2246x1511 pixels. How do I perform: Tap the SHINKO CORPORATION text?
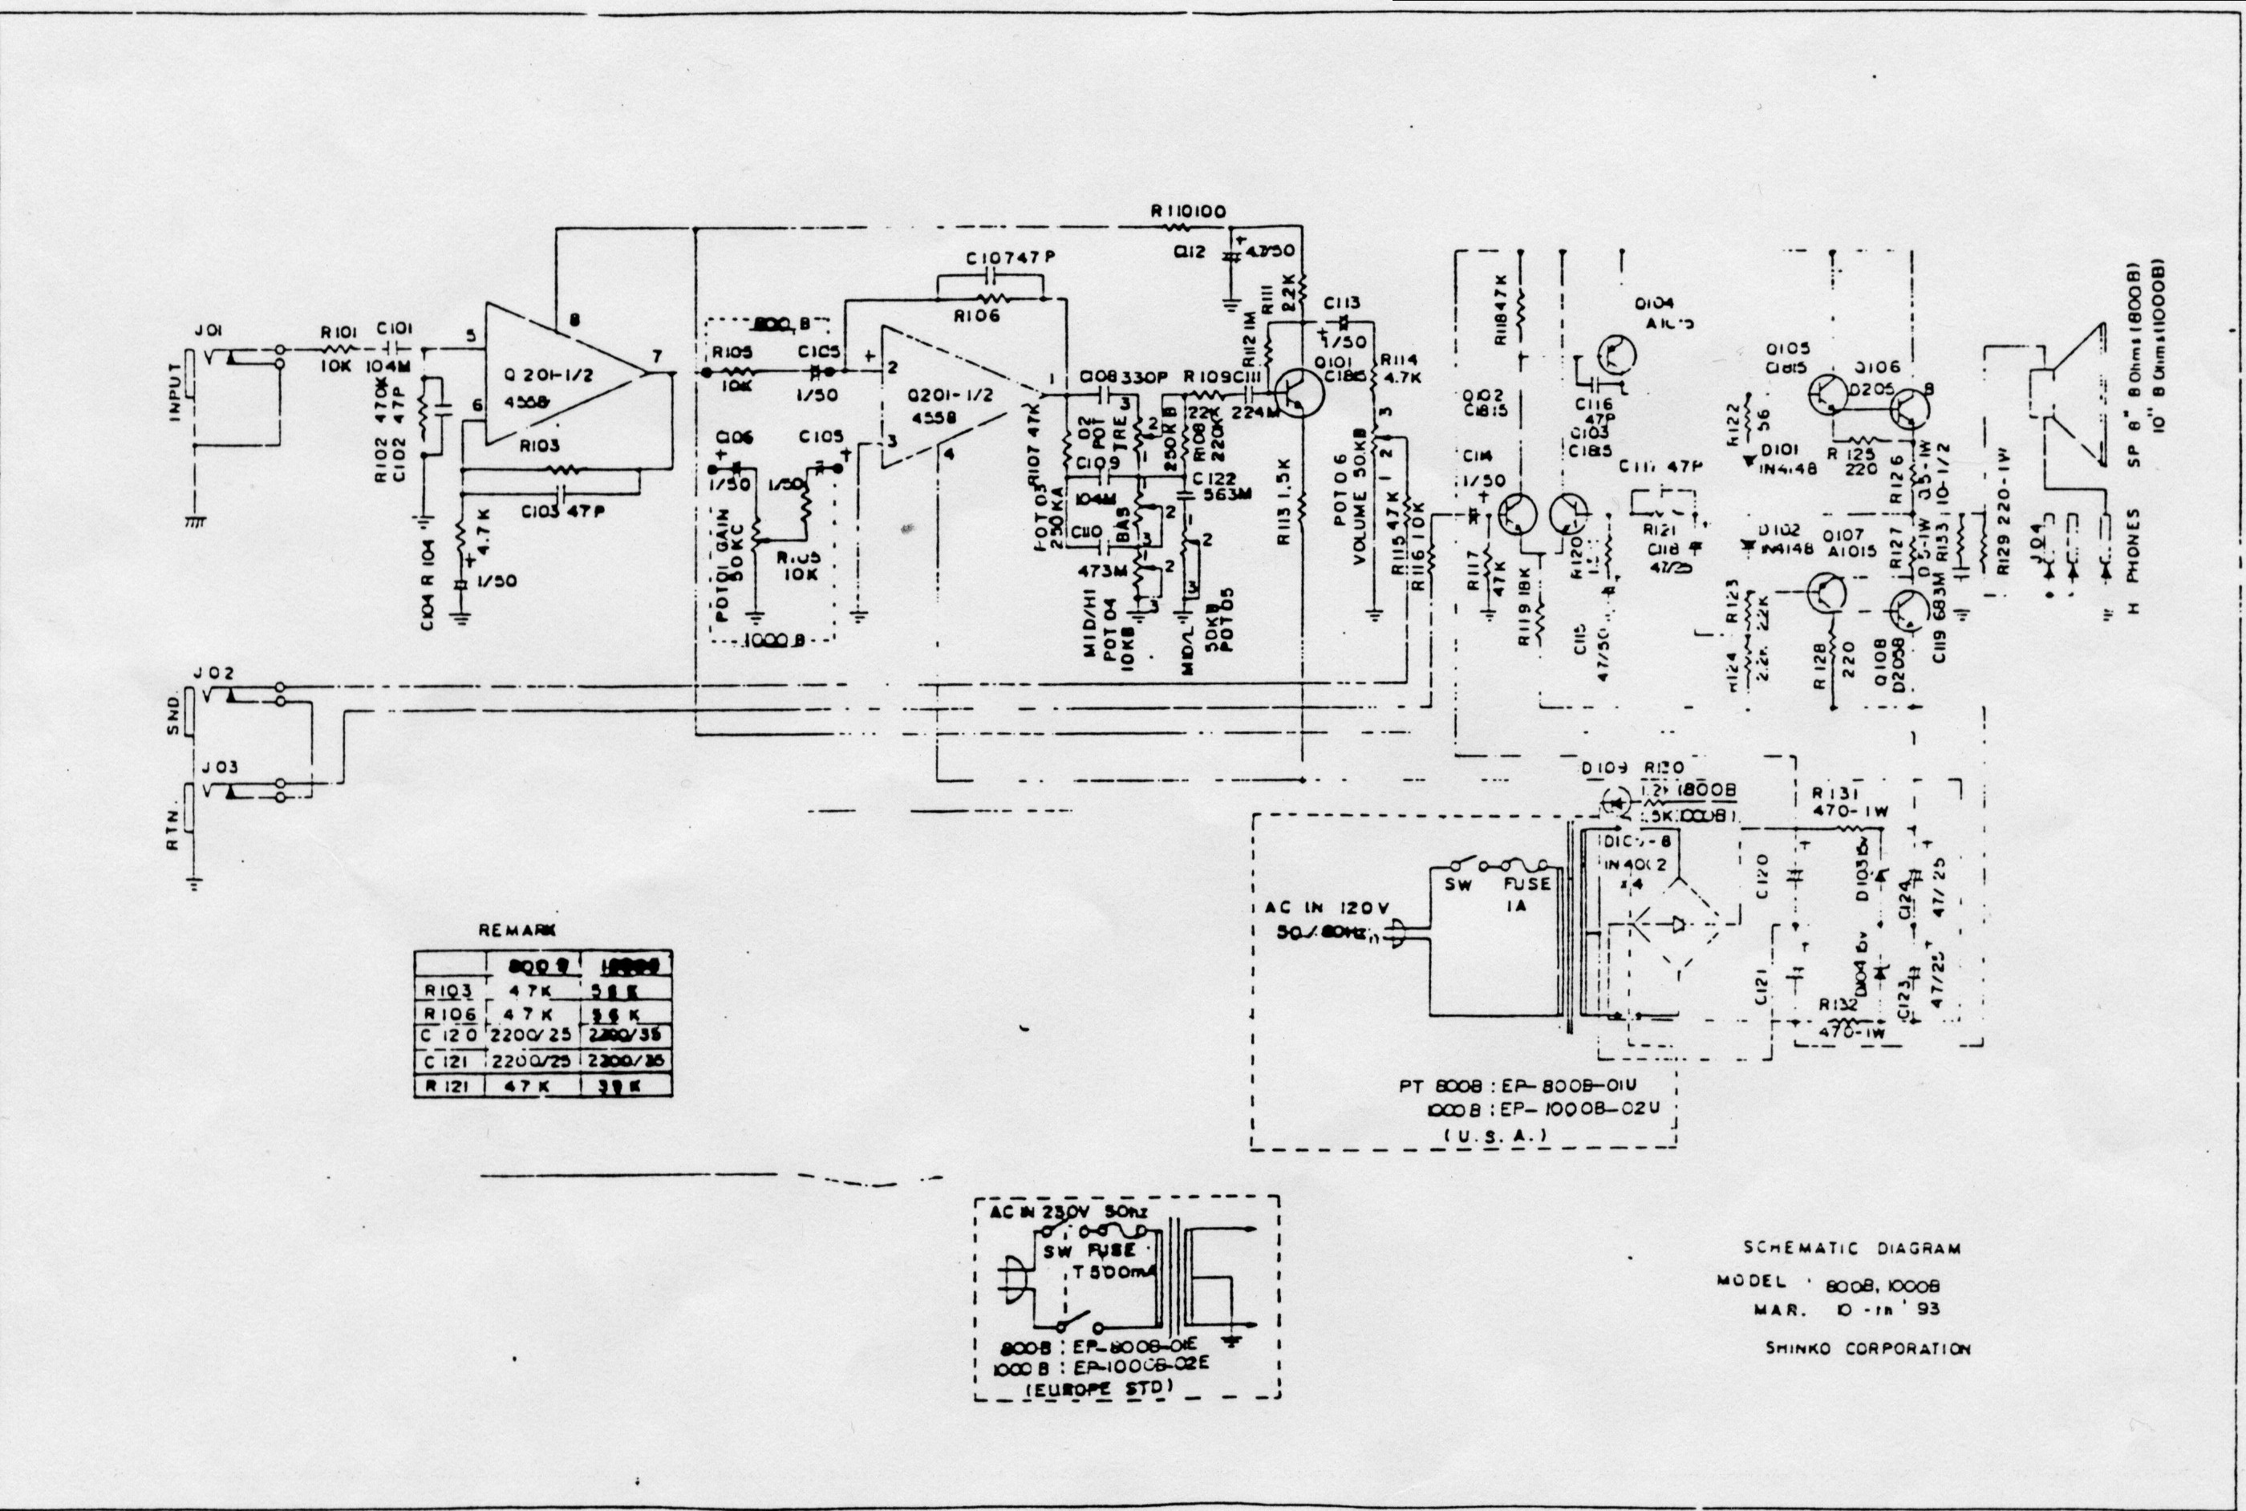pos(1867,1349)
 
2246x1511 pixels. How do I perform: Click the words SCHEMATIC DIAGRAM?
pos(1852,1248)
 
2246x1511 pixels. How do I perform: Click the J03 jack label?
pos(217,767)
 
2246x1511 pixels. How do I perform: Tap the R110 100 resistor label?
pos(1188,211)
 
